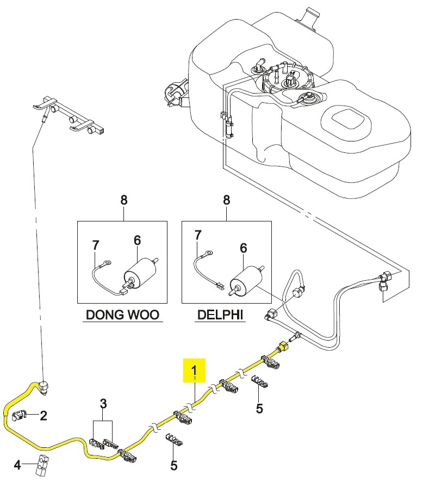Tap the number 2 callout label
point(43,416)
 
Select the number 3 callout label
point(103,404)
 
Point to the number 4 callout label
point(17,465)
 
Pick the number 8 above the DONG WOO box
point(123,200)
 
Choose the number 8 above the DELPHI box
point(227,200)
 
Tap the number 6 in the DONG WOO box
point(137,239)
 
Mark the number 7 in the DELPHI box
point(198,235)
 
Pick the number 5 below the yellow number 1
point(259,408)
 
